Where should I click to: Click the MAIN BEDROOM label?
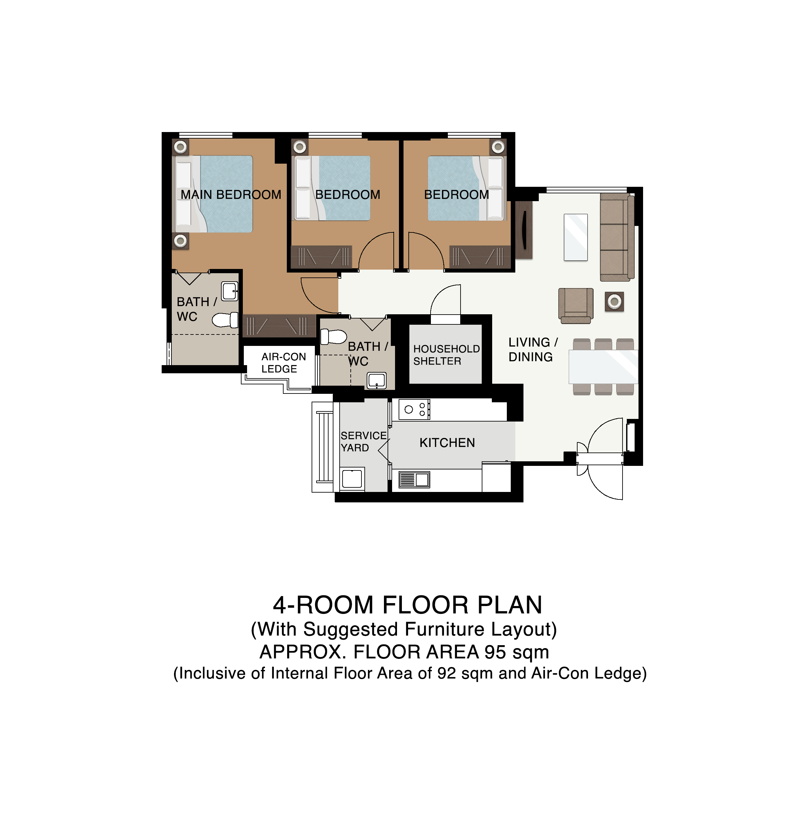(x=231, y=195)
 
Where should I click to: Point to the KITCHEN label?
(x=447, y=443)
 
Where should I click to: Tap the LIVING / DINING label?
(x=533, y=350)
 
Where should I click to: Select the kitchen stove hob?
(x=414, y=409)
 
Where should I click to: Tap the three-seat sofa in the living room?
(x=617, y=237)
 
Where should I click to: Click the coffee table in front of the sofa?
(x=575, y=237)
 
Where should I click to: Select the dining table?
(x=603, y=366)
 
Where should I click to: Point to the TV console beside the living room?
(x=524, y=230)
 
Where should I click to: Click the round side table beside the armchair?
(x=614, y=302)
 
